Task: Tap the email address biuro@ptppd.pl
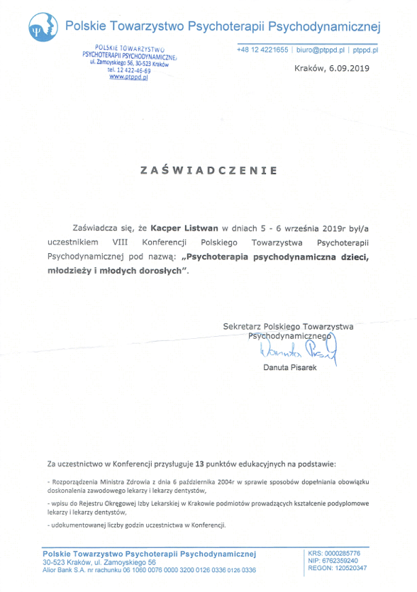click(x=321, y=50)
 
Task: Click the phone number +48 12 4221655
click(x=263, y=50)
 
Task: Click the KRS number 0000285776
click(x=343, y=553)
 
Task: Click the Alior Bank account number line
click(x=149, y=569)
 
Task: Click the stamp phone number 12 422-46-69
click(x=128, y=70)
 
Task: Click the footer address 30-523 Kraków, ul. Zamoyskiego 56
click(x=99, y=562)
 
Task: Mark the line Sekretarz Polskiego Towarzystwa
click(x=288, y=326)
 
